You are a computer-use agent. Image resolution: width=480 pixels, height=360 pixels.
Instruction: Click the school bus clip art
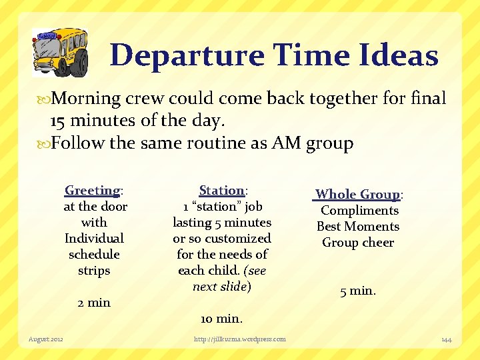pyautogui.click(x=60, y=52)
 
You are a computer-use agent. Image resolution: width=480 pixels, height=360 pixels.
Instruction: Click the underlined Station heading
pyautogui.click(x=221, y=190)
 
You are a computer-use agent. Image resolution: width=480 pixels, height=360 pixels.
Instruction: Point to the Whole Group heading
pyautogui.click(x=358, y=194)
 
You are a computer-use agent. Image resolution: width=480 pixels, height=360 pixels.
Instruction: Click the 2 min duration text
pyautogui.click(x=94, y=303)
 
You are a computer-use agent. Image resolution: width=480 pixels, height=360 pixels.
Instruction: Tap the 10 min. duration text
pyautogui.click(x=221, y=319)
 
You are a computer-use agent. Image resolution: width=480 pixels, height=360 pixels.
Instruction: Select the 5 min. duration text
pyautogui.click(x=358, y=291)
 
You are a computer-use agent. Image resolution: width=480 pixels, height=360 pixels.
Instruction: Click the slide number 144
pyautogui.click(x=446, y=339)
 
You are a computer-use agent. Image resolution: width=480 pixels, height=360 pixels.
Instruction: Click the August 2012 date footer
pyautogui.click(x=46, y=339)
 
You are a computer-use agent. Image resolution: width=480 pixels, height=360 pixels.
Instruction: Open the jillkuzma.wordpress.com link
pyautogui.click(x=239, y=339)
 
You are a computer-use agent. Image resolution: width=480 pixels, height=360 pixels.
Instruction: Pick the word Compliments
pyautogui.click(x=359, y=211)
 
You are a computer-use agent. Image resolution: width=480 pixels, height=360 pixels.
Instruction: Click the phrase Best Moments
pyautogui.click(x=358, y=227)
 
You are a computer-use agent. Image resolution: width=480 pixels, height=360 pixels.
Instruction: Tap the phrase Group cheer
pyautogui.click(x=358, y=243)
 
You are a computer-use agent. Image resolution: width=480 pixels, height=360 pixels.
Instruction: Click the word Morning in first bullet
pyautogui.click(x=86, y=99)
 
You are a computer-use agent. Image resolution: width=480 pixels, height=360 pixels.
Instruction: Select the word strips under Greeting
pyautogui.click(x=94, y=271)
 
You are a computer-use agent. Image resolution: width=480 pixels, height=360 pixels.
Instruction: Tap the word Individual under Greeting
pyautogui.click(x=94, y=238)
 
